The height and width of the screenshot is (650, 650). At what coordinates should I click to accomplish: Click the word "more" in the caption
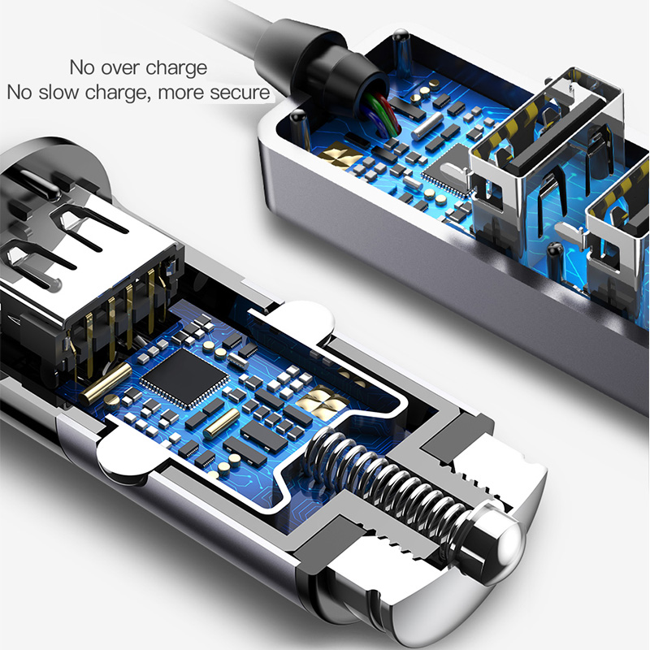click(180, 93)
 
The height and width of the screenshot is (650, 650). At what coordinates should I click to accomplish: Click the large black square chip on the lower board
click(184, 376)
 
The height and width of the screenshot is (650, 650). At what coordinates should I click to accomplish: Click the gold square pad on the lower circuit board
click(323, 401)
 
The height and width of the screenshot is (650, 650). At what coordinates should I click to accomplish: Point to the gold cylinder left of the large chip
click(106, 384)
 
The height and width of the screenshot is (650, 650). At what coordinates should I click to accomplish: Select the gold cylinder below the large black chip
click(221, 422)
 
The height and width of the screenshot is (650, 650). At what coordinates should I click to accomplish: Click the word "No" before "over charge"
click(83, 67)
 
